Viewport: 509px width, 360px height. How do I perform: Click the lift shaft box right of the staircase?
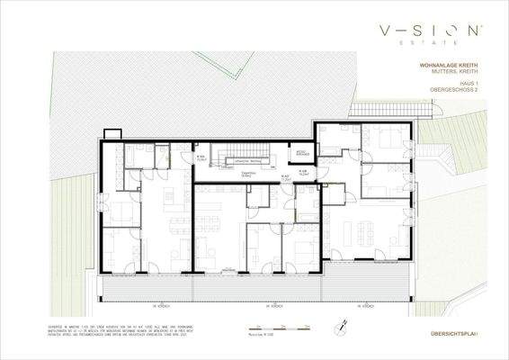point(302,153)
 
